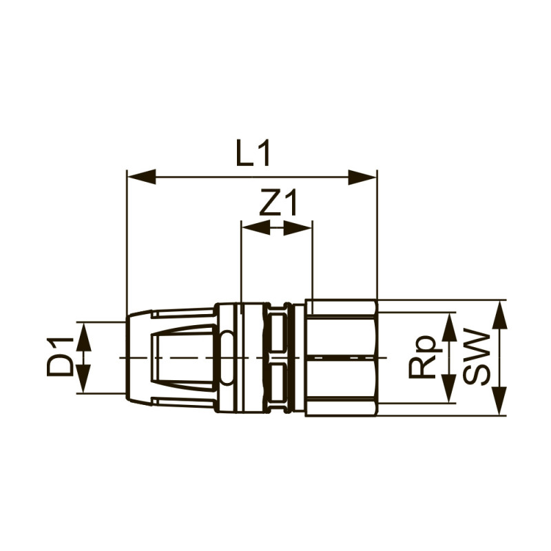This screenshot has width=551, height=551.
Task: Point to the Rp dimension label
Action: point(421,358)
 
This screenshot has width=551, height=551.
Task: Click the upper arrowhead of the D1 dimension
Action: point(84,336)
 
